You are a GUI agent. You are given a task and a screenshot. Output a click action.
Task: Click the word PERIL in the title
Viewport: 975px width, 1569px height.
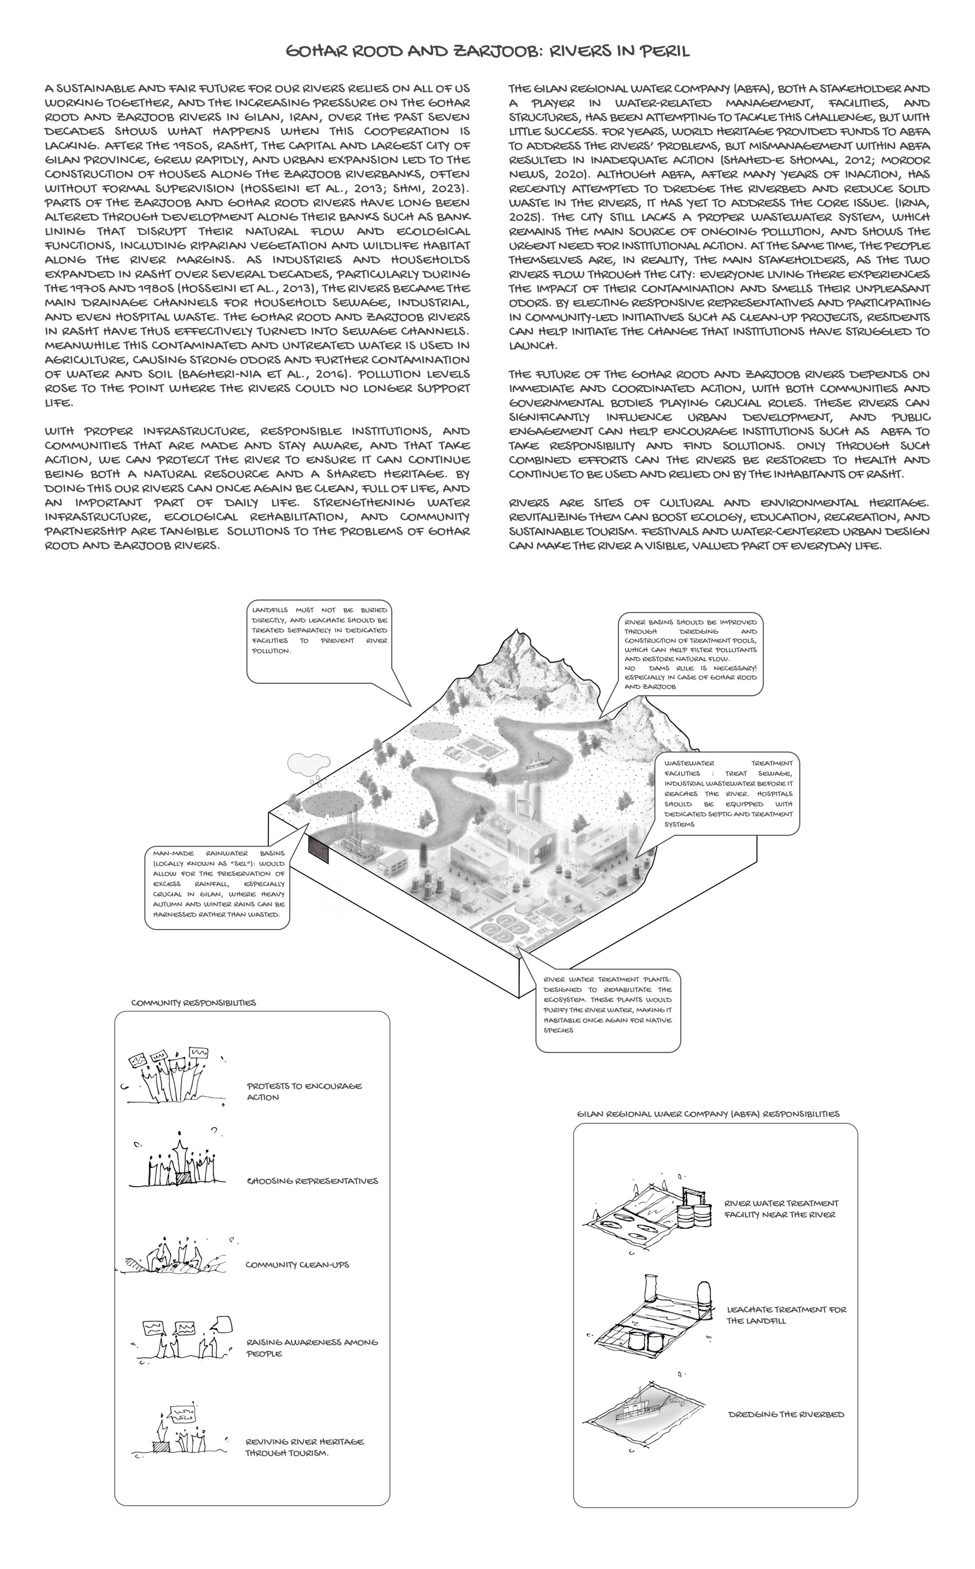point(664,51)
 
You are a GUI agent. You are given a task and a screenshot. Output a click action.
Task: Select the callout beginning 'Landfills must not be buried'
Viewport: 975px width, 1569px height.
point(320,642)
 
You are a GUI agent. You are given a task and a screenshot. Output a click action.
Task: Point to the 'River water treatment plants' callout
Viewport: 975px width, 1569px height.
point(607,1009)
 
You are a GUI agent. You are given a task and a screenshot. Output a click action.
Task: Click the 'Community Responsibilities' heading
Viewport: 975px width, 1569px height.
point(193,1003)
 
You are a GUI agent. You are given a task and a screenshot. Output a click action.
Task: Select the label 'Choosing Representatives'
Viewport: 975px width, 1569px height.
point(312,1181)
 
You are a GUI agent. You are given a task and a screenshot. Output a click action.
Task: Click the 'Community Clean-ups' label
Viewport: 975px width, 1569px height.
point(297,1265)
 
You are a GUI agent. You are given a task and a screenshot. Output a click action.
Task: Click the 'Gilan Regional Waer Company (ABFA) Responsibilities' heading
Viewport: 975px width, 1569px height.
point(708,1114)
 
